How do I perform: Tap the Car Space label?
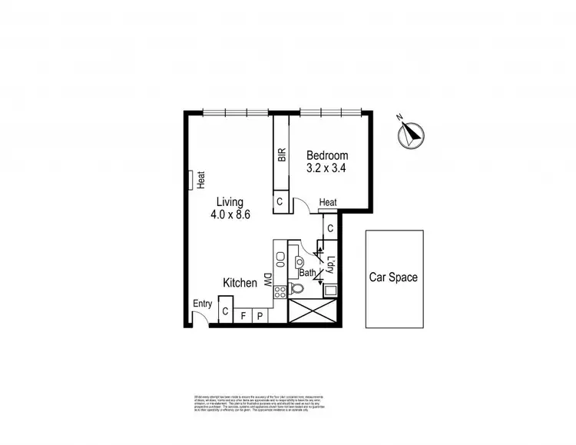tap(392, 277)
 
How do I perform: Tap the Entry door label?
tap(203, 304)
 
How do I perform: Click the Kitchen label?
tap(240, 283)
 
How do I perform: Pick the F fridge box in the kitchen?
tap(243, 315)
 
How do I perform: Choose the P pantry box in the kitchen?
tap(260, 315)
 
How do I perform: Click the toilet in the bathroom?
tap(298, 289)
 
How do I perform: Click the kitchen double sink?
tap(280, 259)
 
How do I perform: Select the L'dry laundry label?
tap(330, 265)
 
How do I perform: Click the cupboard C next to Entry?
tap(226, 313)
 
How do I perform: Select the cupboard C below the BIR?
tap(280, 201)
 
